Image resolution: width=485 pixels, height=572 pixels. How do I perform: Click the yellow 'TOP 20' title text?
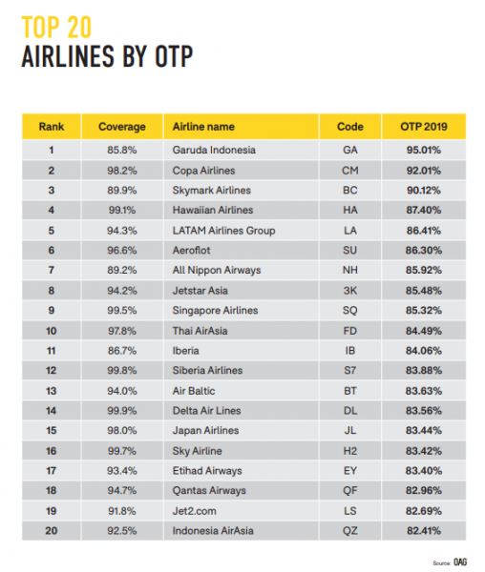point(56,27)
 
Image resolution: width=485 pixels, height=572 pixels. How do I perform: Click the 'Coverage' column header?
point(122,127)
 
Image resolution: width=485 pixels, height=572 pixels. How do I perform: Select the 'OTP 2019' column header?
point(424,127)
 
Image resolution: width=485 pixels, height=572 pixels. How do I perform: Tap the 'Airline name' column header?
point(203,127)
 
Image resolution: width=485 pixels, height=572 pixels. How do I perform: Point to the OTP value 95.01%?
point(424,150)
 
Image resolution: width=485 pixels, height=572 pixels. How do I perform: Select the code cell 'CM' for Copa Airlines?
point(349,171)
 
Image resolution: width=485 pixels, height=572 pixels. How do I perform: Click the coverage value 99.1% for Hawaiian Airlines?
point(122,210)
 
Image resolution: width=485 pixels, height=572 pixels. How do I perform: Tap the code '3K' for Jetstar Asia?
point(349,291)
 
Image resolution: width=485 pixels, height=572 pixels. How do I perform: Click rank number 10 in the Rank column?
point(52,331)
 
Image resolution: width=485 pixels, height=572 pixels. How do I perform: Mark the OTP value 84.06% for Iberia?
point(424,351)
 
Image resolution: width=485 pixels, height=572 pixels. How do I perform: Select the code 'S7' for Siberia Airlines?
point(349,370)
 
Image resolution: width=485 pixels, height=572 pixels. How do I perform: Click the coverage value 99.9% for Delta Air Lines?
point(122,411)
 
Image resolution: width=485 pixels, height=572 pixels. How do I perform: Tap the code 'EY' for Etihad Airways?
point(349,471)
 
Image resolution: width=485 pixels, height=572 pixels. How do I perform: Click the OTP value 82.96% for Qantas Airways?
point(424,491)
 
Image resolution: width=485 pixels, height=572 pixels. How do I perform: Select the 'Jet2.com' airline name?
point(195,511)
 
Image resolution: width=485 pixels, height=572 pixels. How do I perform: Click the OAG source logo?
point(460,562)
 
